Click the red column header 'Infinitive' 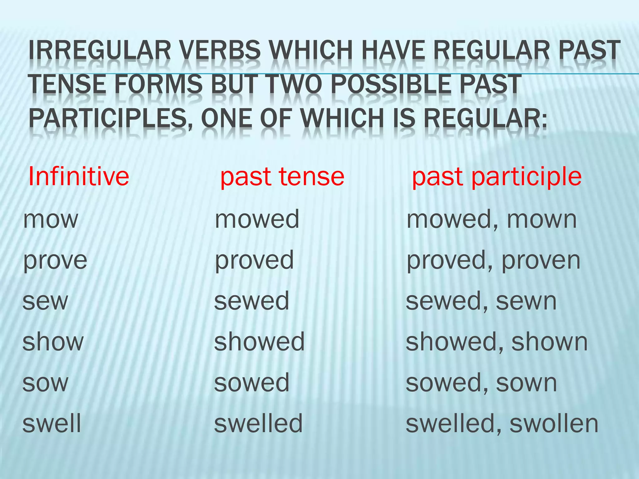79,177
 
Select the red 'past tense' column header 282,177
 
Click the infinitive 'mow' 51,219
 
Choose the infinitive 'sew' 45,301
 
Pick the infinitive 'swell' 52,423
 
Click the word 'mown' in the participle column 542,219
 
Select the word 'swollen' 554,423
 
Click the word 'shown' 549,342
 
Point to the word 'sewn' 526,301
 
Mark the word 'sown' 526,383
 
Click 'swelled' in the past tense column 258,423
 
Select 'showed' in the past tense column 259,342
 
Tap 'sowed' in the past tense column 252,383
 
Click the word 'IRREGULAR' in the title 100,50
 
